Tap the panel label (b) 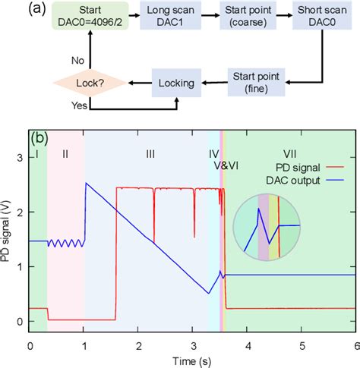(39, 139)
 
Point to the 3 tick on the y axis (21, 158)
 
